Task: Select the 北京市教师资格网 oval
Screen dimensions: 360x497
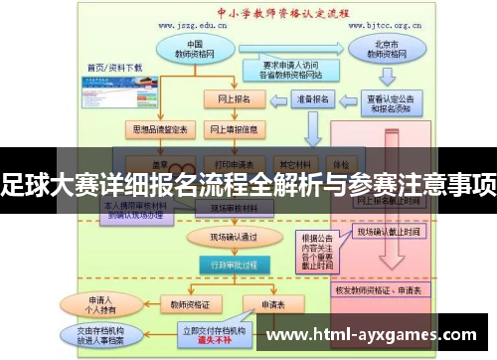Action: tap(382, 50)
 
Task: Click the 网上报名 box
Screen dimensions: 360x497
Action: tap(230, 99)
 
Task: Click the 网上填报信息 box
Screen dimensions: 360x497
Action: tap(233, 129)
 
